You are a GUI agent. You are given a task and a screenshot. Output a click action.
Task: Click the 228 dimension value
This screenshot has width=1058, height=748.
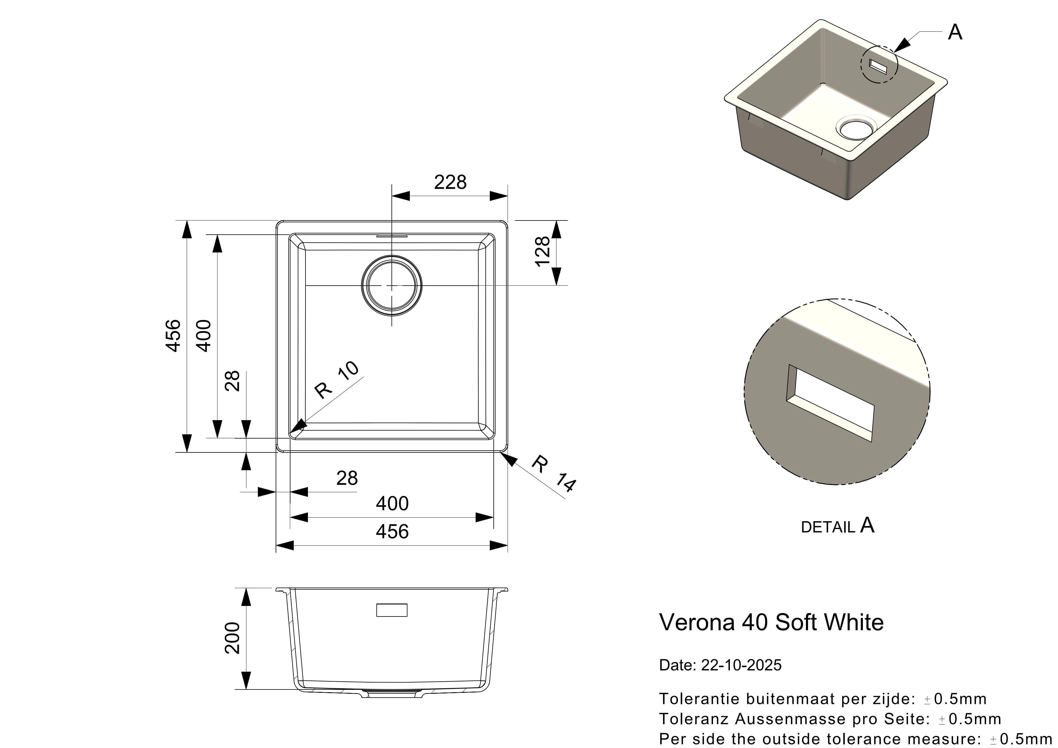point(450,182)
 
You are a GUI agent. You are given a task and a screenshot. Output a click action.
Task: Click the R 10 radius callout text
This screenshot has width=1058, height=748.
point(336,380)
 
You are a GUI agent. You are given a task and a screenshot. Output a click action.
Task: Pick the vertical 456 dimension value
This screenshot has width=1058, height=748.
point(173,336)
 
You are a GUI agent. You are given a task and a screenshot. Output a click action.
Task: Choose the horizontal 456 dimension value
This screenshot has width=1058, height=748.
point(392,532)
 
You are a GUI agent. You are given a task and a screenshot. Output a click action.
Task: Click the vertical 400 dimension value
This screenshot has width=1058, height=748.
point(204,336)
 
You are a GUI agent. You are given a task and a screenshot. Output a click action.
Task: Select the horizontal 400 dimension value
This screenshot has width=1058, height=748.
point(392,504)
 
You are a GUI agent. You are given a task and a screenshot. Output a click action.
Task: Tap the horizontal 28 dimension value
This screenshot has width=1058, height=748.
point(347,478)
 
